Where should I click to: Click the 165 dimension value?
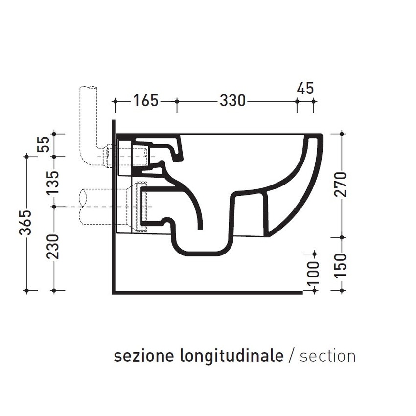pos(146,101)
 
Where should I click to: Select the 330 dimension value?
pos(232,101)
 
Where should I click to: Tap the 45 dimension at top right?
pos(305,89)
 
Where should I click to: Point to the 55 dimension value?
pos(44,145)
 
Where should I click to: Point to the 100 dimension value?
pos(314,273)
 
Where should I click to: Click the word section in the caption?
pos(327,356)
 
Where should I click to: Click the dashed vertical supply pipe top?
pos(88,91)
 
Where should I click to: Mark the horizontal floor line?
pos(206,293)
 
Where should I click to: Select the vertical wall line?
pos(113,206)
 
